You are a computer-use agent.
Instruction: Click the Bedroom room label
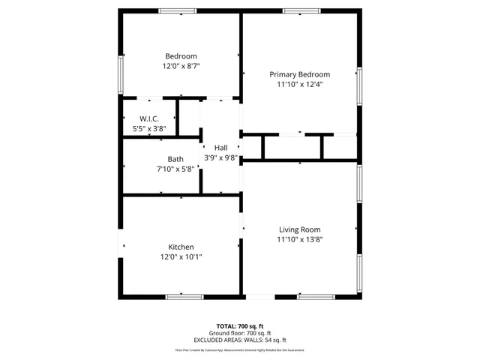[181, 56]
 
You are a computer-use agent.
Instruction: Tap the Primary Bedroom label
[300, 74]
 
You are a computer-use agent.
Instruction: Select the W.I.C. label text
[148, 119]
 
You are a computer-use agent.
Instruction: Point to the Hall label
[220, 148]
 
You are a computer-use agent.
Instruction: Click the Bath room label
[175, 159]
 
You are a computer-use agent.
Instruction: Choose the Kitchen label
[181, 247]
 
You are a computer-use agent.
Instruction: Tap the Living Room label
[300, 229]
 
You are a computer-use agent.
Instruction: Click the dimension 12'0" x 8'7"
[181, 66]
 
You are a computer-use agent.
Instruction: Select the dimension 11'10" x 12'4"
[300, 84]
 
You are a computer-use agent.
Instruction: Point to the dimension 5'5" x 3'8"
[148, 129]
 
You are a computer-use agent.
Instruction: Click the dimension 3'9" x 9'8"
[220, 157]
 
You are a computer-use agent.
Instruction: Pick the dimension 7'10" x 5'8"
[175, 169]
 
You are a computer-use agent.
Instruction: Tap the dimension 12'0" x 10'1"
[181, 256]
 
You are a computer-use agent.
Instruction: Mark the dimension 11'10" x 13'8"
[300, 239]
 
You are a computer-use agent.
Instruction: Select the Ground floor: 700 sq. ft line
[239, 333]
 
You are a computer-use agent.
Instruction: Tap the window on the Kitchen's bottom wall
[184, 297]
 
